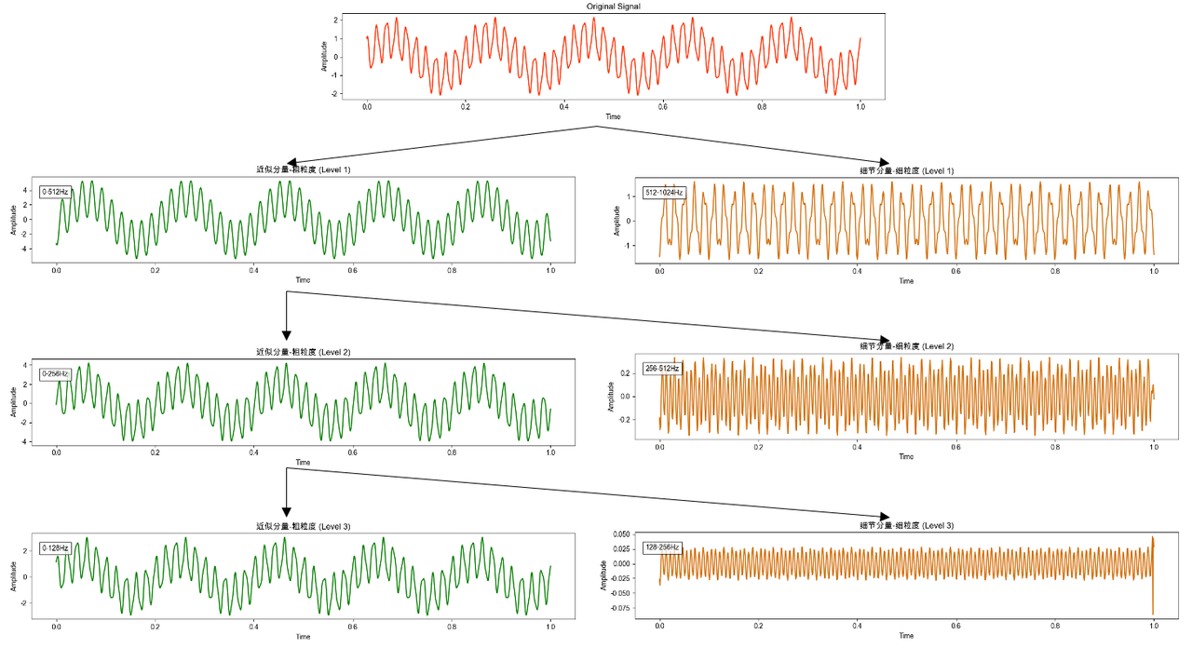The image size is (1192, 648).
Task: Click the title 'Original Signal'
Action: pyautogui.click(x=613, y=7)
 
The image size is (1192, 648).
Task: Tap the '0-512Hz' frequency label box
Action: pyautogui.click(x=55, y=192)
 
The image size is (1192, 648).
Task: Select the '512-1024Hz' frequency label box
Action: pyautogui.click(x=664, y=193)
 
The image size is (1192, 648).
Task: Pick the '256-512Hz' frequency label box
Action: pyautogui.click(x=662, y=369)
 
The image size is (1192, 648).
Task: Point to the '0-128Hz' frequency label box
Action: pyautogui.click(x=55, y=548)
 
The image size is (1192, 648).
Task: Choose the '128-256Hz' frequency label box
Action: pyautogui.click(x=662, y=547)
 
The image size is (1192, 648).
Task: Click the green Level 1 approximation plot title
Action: pyautogui.click(x=303, y=169)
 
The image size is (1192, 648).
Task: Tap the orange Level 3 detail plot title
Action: pyautogui.click(x=906, y=526)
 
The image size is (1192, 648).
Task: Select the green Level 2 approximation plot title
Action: pyautogui.click(x=303, y=352)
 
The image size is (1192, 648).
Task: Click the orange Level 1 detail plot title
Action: pyautogui.click(x=906, y=170)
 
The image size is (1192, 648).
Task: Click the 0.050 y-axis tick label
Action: pyautogui.click(x=619, y=533)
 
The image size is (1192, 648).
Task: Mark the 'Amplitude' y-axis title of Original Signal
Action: pyautogui.click(x=324, y=56)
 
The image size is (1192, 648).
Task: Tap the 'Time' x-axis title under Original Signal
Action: pyautogui.click(x=613, y=116)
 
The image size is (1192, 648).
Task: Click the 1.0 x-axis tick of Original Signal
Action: pyautogui.click(x=860, y=106)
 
